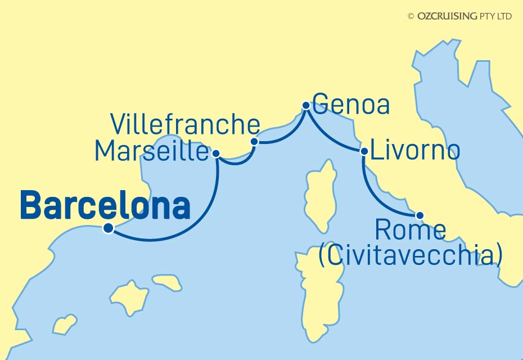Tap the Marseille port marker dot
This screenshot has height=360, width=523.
point(216,152)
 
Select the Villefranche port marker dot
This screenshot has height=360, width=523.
point(254,141)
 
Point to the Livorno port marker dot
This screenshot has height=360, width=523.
point(364,151)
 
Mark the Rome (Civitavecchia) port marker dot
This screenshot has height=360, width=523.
point(419,215)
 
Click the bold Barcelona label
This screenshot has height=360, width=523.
point(105,206)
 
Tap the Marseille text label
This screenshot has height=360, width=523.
point(152,151)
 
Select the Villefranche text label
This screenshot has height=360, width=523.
point(185,124)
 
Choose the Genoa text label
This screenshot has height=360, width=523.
point(351,105)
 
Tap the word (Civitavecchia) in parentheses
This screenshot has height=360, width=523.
point(410,255)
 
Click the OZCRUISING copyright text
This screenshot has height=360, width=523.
point(459,16)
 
